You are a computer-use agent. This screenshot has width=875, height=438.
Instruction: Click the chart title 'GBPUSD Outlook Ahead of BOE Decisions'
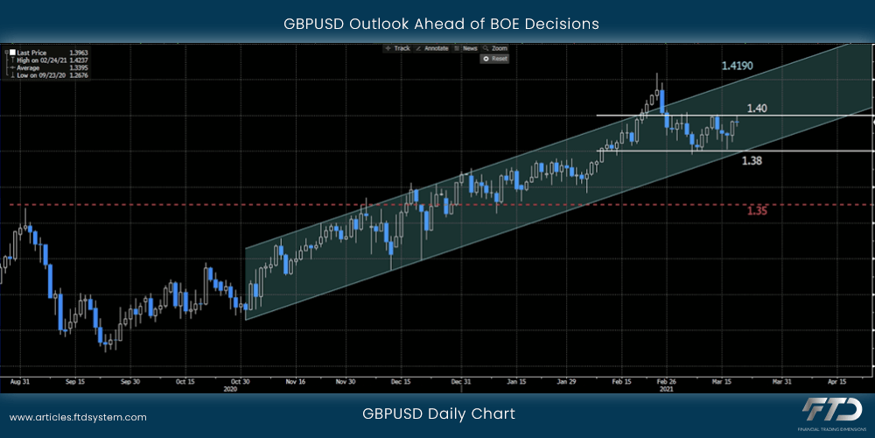pyautogui.click(x=441, y=24)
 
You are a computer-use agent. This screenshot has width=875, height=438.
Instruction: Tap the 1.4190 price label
pyautogui.click(x=738, y=66)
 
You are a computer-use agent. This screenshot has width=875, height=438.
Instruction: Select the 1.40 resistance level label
pyautogui.click(x=757, y=109)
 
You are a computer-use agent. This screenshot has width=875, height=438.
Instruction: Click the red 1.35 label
pyautogui.click(x=757, y=210)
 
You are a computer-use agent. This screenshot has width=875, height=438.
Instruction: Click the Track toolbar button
pyautogui.click(x=399, y=48)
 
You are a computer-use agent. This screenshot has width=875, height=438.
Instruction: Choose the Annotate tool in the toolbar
pyautogui.click(x=434, y=48)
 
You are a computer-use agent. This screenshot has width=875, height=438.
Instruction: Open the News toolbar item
pyautogui.click(x=468, y=48)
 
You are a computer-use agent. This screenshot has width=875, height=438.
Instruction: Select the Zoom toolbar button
pyautogui.click(x=497, y=48)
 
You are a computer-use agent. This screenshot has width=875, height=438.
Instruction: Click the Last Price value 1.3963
pyautogui.click(x=79, y=53)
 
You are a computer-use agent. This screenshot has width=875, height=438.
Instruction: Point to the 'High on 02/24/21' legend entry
pyautogui.click(x=39, y=60)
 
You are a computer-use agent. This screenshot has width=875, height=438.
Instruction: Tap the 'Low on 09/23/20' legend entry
pyautogui.click(x=39, y=75)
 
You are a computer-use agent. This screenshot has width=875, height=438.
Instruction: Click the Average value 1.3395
pyautogui.click(x=79, y=68)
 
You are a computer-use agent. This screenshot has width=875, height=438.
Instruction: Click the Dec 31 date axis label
pyautogui.click(x=461, y=382)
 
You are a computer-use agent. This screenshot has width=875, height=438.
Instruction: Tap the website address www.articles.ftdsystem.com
pyautogui.click(x=78, y=418)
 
